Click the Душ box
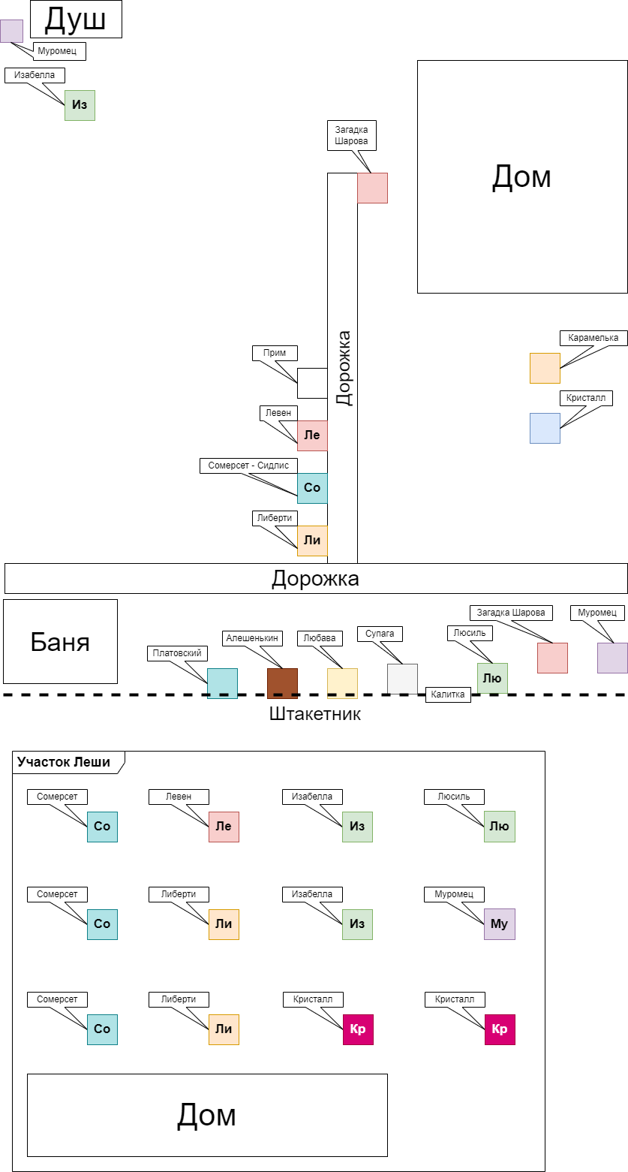pos(76,20)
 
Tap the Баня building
pos(60,641)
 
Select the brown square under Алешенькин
pos(282,683)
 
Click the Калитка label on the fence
pos(448,694)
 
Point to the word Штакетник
pos(315,714)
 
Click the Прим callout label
pos(275,353)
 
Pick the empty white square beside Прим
pos(312,383)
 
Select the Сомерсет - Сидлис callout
pos(248,465)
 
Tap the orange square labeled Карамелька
pos(545,368)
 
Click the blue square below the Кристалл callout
pos(545,428)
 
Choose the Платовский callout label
pos(177,653)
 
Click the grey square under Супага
pos(402,679)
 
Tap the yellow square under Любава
pos(342,683)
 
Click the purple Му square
pos(500,924)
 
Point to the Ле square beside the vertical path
pos(312,435)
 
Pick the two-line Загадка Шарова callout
pos(352,135)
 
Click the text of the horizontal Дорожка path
pos(315,579)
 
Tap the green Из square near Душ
pos(80,105)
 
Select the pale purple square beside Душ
pos(11,31)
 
